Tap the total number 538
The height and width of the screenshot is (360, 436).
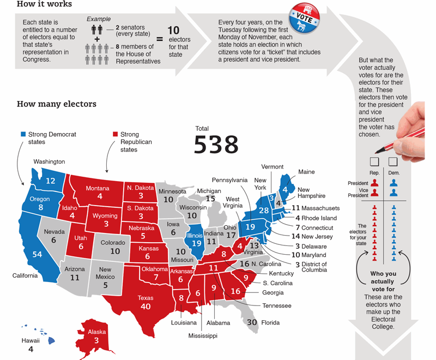(216, 145)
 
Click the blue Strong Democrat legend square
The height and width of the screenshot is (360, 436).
(23, 134)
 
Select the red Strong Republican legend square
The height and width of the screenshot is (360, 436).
(115, 134)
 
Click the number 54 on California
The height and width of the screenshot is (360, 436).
(38, 255)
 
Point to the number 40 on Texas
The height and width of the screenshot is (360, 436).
(146, 307)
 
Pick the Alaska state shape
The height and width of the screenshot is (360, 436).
(96, 335)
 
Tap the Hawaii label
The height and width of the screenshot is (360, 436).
(31, 340)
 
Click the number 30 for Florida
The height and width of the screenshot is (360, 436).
(252, 322)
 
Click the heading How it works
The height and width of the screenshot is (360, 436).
(44, 5)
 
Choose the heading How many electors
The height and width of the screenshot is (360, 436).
(57, 104)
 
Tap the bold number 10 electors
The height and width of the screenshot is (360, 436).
(173, 31)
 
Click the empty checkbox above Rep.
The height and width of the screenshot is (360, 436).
(374, 162)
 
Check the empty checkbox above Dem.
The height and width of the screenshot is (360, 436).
(393, 162)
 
